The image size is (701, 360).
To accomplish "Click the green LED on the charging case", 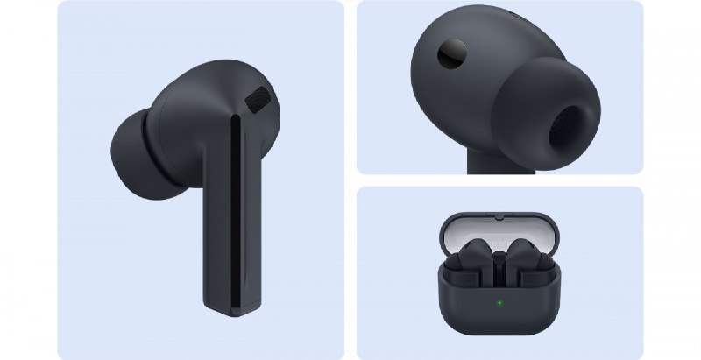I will coord(499,304).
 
